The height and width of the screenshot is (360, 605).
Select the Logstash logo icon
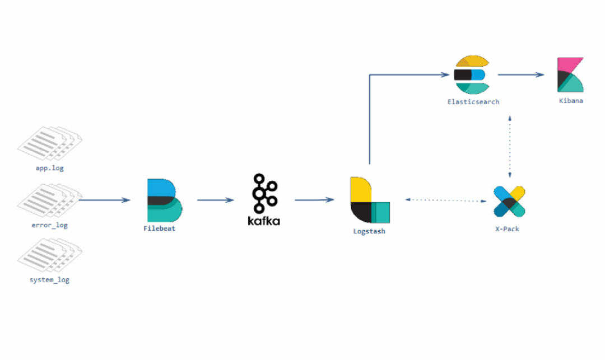coord(370,200)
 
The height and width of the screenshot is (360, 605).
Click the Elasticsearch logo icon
coord(472,75)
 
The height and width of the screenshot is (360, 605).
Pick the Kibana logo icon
coord(570,75)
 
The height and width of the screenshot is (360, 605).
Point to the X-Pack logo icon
coord(509,202)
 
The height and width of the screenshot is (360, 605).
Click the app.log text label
coord(50,168)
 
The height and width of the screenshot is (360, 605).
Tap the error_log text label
coord(49,225)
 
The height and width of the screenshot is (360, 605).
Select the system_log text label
coord(49,280)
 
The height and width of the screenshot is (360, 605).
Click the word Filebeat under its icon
coord(159,228)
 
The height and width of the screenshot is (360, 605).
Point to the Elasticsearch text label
coord(473,102)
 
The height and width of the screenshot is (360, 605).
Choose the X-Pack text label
coord(507,229)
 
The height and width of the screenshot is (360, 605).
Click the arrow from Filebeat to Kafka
coord(216,200)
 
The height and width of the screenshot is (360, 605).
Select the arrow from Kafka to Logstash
coord(314,200)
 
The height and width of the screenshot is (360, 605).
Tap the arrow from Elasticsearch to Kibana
coord(521,75)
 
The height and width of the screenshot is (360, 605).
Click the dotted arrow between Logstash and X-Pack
coord(446,200)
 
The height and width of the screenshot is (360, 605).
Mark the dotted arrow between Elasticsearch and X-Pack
coord(510,147)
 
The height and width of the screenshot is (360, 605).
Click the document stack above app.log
coord(49,143)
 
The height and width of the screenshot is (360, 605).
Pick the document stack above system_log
coord(49,255)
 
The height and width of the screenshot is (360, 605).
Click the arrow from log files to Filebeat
coord(104,200)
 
